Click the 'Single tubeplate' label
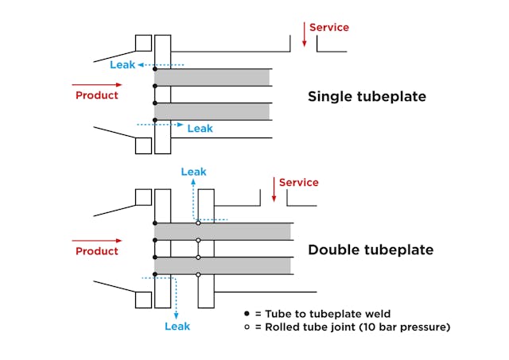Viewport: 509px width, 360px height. point(367,97)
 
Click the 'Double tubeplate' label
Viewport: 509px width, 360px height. point(371,250)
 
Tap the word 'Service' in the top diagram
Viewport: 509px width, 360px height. point(329,27)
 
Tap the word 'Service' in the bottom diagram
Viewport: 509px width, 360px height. point(299,183)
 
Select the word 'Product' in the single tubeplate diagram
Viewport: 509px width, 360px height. point(97,95)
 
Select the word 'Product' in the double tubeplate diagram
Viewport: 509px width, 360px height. point(97,251)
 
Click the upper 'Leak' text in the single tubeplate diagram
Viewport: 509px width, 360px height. point(122,64)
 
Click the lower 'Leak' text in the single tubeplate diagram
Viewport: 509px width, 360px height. point(200,128)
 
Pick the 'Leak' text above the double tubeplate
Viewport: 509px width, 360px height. point(193,171)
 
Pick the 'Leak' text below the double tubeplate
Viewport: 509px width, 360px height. point(177,326)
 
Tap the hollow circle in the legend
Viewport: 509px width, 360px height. point(247,326)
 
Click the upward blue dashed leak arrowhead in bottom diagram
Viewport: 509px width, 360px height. point(193,183)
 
